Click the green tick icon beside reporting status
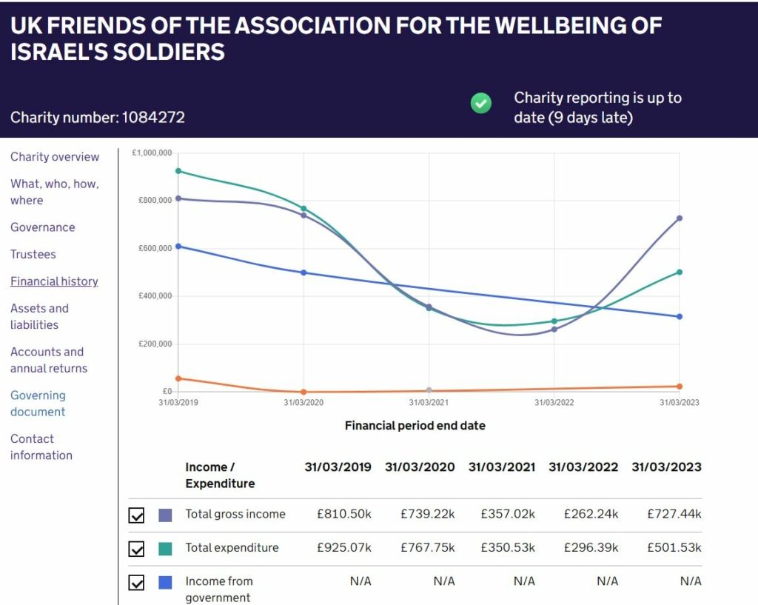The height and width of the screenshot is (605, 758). pyautogui.click(x=480, y=103)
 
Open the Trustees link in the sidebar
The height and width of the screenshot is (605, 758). pyautogui.click(x=33, y=255)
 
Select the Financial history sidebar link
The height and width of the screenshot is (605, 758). pyautogui.click(x=54, y=281)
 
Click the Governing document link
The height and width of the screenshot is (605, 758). pyautogui.click(x=38, y=404)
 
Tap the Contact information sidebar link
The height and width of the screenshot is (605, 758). pyautogui.click(x=41, y=447)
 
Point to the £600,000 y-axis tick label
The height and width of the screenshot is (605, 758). pyautogui.click(x=155, y=248)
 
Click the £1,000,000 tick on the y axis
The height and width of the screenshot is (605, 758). pyautogui.click(x=152, y=153)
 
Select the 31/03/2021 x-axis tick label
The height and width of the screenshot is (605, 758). pyautogui.click(x=429, y=402)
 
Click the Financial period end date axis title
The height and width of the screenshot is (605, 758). pyautogui.click(x=415, y=426)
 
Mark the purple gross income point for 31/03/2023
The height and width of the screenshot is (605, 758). pyautogui.click(x=680, y=218)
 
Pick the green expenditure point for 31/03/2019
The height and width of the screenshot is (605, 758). pyautogui.click(x=178, y=171)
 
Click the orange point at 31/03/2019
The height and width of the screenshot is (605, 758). pyautogui.click(x=178, y=378)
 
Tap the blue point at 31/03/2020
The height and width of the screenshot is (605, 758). pyautogui.click(x=303, y=273)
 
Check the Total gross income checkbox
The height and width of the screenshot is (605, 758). pyautogui.click(x=136, y=515)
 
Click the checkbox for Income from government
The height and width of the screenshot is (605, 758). pyautogui.click(x=136, y=583)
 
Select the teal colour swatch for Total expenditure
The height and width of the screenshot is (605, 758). pyautogui.click(x=165, y=549)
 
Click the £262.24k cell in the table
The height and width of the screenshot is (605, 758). pyautogui.click(x=591, y=514)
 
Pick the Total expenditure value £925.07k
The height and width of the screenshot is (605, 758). pyautogui.click(x=344, y=548)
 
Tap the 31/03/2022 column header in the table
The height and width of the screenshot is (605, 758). pyautogui.click(x=583, y=467)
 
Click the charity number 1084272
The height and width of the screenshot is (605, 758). pyautogui.click(x=153, y=118)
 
